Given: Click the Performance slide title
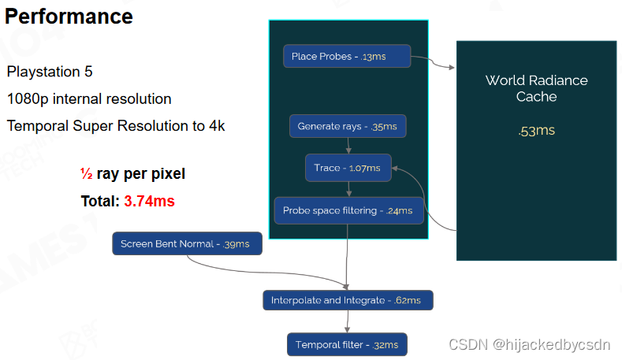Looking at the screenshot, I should [69, 16].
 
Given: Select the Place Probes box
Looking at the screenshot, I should [347, 56].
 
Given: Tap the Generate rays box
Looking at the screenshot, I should [347, 126].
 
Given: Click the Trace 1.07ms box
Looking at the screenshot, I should [348, 168].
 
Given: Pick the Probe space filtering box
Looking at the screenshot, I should [348, 210].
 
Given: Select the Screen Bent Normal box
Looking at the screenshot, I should [187, 244].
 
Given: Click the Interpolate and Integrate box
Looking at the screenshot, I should [347, 300].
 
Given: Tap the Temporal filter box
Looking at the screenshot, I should [347, 344].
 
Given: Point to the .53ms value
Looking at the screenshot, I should [536, 130].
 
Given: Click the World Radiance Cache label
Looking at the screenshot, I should [536, 88].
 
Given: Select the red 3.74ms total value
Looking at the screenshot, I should [149, 201].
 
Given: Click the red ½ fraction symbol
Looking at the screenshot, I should [87, 173].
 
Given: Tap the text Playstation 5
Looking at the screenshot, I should [50, 72].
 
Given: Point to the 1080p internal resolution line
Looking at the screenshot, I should [89, 99].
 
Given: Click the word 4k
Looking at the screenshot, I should [215, 126].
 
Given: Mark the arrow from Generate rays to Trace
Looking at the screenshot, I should [348, 147].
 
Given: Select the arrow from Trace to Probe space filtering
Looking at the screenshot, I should [348, 189].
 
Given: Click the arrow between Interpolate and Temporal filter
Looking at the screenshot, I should [348, 321].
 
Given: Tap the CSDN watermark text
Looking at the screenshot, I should [529, 344].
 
